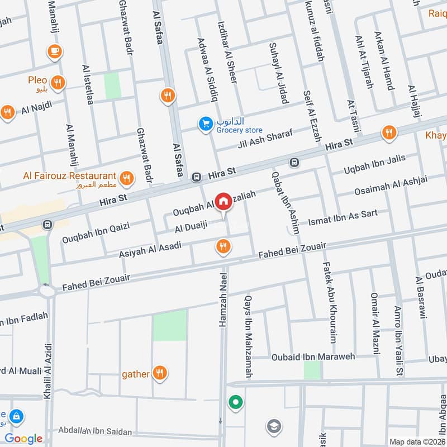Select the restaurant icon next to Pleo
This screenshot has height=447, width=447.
(58, 83)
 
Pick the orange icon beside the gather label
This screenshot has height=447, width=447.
(160, 373)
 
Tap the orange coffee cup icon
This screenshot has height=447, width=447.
(54, 51)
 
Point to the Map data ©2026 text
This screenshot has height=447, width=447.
(416, 441)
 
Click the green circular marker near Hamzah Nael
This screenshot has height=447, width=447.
(235, 402)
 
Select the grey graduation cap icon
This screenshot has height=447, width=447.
(273, 426)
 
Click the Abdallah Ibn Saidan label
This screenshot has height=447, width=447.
(91, 431)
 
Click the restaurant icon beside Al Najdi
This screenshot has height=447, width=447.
(7, 112)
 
